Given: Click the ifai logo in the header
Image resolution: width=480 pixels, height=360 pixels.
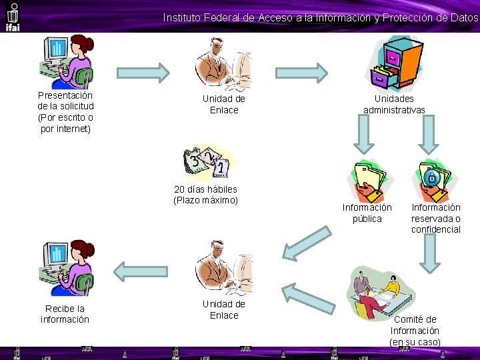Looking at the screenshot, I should point(12,16).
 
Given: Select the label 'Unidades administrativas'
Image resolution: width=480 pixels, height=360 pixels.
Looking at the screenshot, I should point(394,104).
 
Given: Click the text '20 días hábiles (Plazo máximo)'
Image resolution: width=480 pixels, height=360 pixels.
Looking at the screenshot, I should point(205,195).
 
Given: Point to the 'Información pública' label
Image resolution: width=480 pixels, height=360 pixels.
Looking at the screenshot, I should point(367,213).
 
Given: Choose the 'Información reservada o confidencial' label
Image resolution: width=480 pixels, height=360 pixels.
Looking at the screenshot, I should point(436,219).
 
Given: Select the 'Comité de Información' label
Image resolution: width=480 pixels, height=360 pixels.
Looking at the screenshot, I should point(415,331).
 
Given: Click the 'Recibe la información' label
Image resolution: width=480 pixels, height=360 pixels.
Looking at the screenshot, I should point(65,314).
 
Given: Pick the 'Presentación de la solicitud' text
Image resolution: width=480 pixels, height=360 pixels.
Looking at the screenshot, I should point(65,112).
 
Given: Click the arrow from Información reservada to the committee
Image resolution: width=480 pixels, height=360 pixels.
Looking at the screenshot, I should point(429,253).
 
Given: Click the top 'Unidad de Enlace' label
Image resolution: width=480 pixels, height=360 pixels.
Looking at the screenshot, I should point(224,105).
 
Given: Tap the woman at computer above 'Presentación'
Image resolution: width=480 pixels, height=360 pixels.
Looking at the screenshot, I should point(65,61).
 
